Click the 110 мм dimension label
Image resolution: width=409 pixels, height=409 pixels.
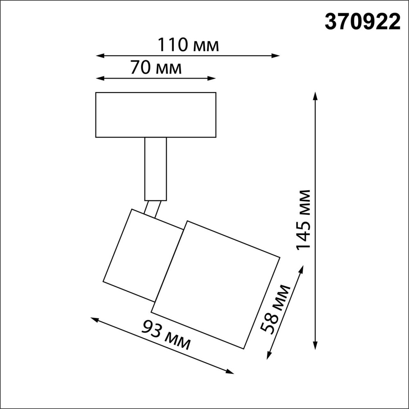coord(188,45)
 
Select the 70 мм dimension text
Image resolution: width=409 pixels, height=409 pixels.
coord(155,68)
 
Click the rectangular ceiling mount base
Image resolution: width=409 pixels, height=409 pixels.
coord(156,115)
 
